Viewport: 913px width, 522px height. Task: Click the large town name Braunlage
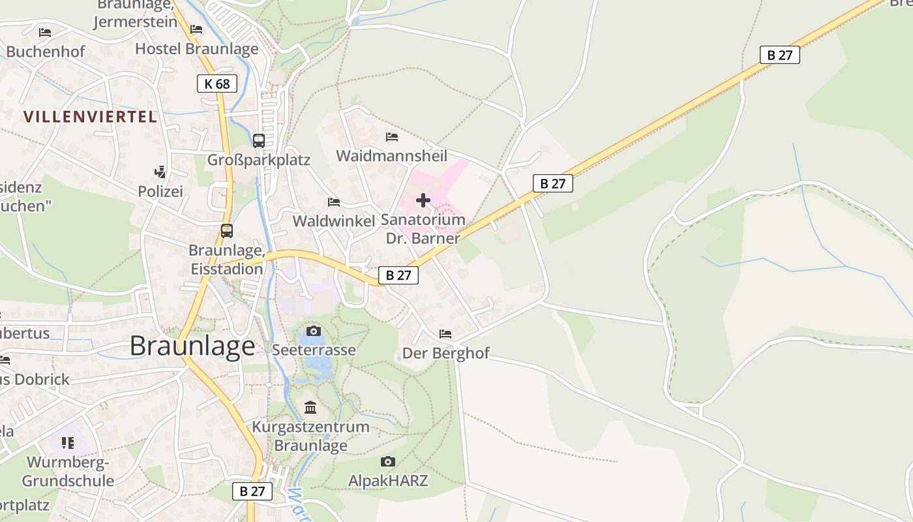click(x=192, y=346)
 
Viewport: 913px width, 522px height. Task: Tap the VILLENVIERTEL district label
click(x=90, y=117)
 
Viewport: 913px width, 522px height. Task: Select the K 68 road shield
click(x=217, y=84)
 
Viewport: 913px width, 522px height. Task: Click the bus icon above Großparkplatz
click(x=259, y=140)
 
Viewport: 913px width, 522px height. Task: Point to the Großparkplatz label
click(x=259, y=160)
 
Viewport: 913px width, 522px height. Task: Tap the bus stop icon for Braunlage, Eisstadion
click(x=227, y=231)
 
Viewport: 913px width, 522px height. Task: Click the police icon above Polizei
click(x=160, y=172)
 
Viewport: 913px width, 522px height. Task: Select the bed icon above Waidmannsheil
click(x=392, y=137)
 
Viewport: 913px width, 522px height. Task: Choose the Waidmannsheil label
click(x=392, y=156)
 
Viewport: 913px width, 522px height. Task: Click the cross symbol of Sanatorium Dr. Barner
click(x=423, y=200)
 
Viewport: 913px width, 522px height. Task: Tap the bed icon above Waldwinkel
click(x=334, y=202)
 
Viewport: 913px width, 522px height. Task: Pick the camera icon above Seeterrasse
click(x=314, y=331)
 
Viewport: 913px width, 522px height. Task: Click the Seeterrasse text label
click(x=314, y=350)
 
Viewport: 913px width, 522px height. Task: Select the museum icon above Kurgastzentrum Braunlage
click(x=310, y=407)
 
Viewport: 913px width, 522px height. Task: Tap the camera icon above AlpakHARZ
click(x=388, y=462)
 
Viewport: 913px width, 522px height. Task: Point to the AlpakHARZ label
click(x=388, y=481)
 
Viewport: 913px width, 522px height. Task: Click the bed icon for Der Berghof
click(x=445, y=334)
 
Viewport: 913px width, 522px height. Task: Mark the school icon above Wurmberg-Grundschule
click(x=68, y=443)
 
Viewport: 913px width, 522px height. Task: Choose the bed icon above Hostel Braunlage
click(x=196, y=29)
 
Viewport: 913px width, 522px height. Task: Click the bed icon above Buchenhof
click(x=45, y=32)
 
